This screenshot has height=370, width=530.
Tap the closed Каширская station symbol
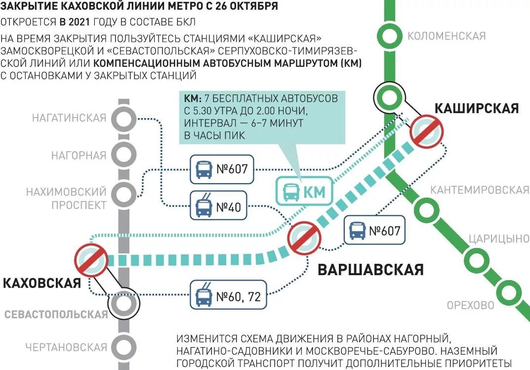point(427,131)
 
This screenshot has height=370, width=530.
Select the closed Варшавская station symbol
point(305,239)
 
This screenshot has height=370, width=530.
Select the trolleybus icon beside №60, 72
point(203,297)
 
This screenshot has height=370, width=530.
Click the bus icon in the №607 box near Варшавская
point(357,230)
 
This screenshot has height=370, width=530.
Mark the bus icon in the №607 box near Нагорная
point(203,169)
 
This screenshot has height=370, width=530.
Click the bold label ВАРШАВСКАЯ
point(370,270)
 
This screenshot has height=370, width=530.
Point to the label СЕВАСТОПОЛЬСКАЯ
point(56,315)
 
